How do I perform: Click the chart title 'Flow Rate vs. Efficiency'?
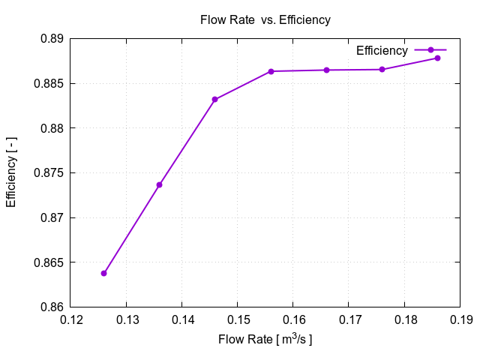[x=265, y=20]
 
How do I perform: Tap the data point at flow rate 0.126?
[x=103, y=273]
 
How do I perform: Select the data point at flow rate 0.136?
[x=159, y=184]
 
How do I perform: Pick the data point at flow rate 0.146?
[x=214, y=99]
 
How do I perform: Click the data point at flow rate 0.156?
[x=271, y=71]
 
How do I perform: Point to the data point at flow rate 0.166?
[x=326, y=70]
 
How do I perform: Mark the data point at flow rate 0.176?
[x=382, y=69]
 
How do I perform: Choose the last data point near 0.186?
[x=437, y=58]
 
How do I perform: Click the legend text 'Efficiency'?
[x=382, y=50]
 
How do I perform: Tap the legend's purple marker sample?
[x=430, y=50]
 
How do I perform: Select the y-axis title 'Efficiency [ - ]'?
[x=11, y=172]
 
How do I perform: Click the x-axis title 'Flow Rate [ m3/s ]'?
[x=265, y=340]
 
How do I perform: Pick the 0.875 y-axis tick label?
[x=49, y=173]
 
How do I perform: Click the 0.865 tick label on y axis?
[x=49, y=262]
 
